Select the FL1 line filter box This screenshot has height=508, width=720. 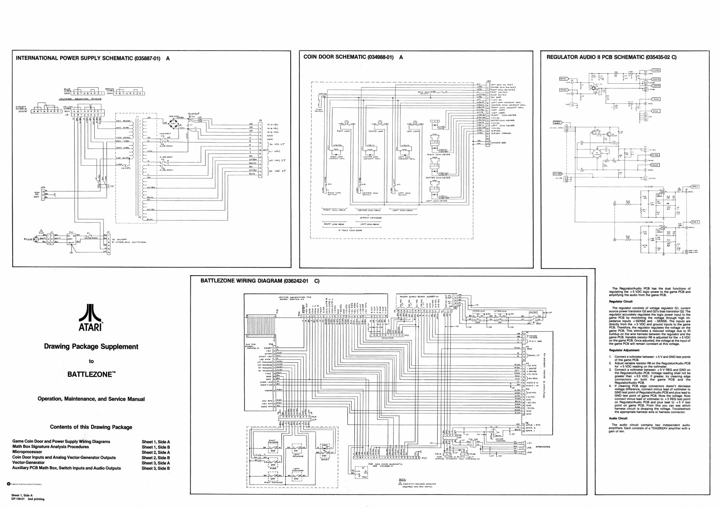click(x=70, y=239)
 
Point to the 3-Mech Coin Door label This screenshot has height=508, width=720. click(x=371, y=217)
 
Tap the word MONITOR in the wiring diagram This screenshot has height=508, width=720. click(x=387, y=338)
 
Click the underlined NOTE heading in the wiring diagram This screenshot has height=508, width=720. click(x=402, y=479)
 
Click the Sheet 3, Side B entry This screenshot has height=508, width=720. click(x=156, y=468)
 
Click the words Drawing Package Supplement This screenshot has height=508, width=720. click(x=91, y=347)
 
